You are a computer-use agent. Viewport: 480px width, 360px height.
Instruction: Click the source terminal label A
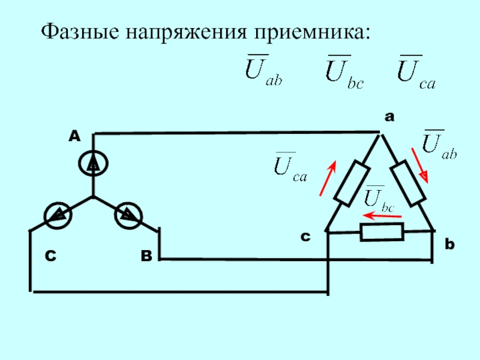pos(74,137)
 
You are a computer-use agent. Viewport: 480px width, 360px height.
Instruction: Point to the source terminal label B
pos(146,256)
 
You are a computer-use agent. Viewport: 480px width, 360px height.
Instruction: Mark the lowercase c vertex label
pos(305,238)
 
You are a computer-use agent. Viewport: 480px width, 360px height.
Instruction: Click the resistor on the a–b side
pos(409,182)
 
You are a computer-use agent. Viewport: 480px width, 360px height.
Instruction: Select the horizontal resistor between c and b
pos(382,232)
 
